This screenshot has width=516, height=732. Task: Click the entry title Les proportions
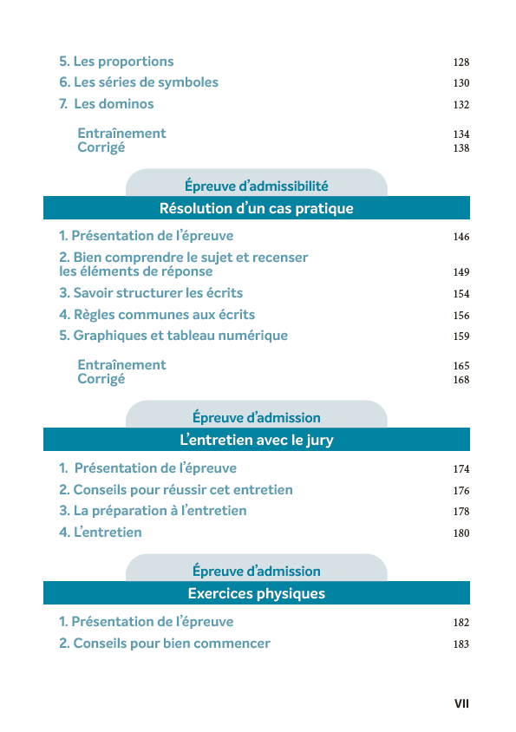(x=116, y=62)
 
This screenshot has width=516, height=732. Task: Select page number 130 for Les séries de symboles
(x=460, y=83)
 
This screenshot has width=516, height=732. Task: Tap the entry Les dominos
(x=107, y=104)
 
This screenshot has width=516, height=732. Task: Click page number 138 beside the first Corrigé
(x=460, y=148)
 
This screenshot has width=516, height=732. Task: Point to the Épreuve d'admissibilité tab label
(x=256, y=186)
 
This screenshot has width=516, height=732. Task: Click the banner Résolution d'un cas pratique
(x=256, y=208)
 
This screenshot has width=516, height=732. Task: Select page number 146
(x=460, y=237)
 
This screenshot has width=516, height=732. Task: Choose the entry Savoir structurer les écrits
(x=151, y=293)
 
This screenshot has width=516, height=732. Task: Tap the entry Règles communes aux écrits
(x=157, y=315)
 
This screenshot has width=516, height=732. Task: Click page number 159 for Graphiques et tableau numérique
(x=460, y=337)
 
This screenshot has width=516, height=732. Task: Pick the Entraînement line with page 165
(x=121, y=365)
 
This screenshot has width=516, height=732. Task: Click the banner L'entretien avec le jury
(x=256, y=440)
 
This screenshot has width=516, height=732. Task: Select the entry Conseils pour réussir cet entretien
(x=176, y=490)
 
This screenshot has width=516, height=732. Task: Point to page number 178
(x=460, y=512)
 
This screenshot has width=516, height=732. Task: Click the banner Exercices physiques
(x=256, y=593)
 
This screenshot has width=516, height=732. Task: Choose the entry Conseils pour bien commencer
(x=165, y=644)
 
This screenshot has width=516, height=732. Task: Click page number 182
(x=460, y=623)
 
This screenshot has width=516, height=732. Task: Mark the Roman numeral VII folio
(x=461, y=703)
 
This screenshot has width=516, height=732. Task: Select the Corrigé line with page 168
(x=101, y=379)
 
